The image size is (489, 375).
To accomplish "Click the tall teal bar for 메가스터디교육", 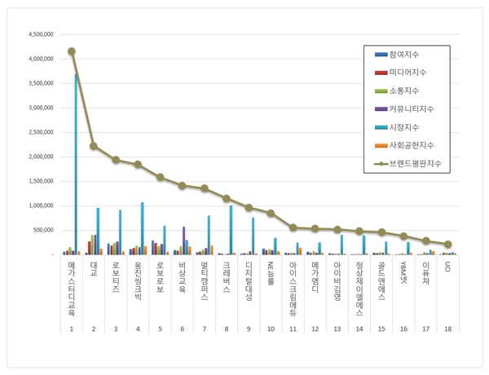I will point(76,163).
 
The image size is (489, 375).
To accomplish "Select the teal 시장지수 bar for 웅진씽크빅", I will point(142,228).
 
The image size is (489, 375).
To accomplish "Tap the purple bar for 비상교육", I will point(183,240).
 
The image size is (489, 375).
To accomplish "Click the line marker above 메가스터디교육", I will point(72,51).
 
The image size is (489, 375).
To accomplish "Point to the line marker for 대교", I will point(94,146).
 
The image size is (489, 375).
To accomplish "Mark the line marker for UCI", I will point(447,244).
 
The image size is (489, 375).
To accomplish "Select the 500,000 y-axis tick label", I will point(43,231).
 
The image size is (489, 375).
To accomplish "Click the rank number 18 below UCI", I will point(447,329).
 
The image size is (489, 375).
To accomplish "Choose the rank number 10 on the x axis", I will point(271,329).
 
